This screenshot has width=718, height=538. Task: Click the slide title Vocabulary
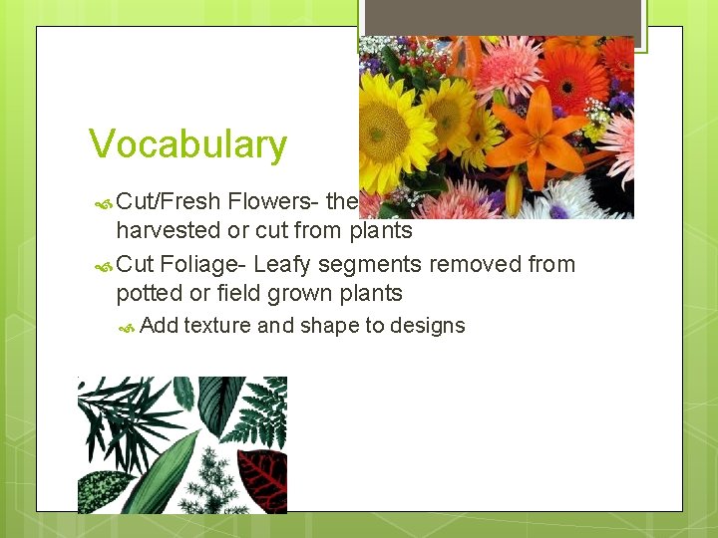tap(187, 145)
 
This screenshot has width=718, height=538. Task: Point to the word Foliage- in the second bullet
tap(203, 264)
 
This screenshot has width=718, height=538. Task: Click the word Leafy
tap(283, 264)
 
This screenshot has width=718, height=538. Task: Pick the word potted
tap(147, 293)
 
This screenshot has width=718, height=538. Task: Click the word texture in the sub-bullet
tap(217, 325)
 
